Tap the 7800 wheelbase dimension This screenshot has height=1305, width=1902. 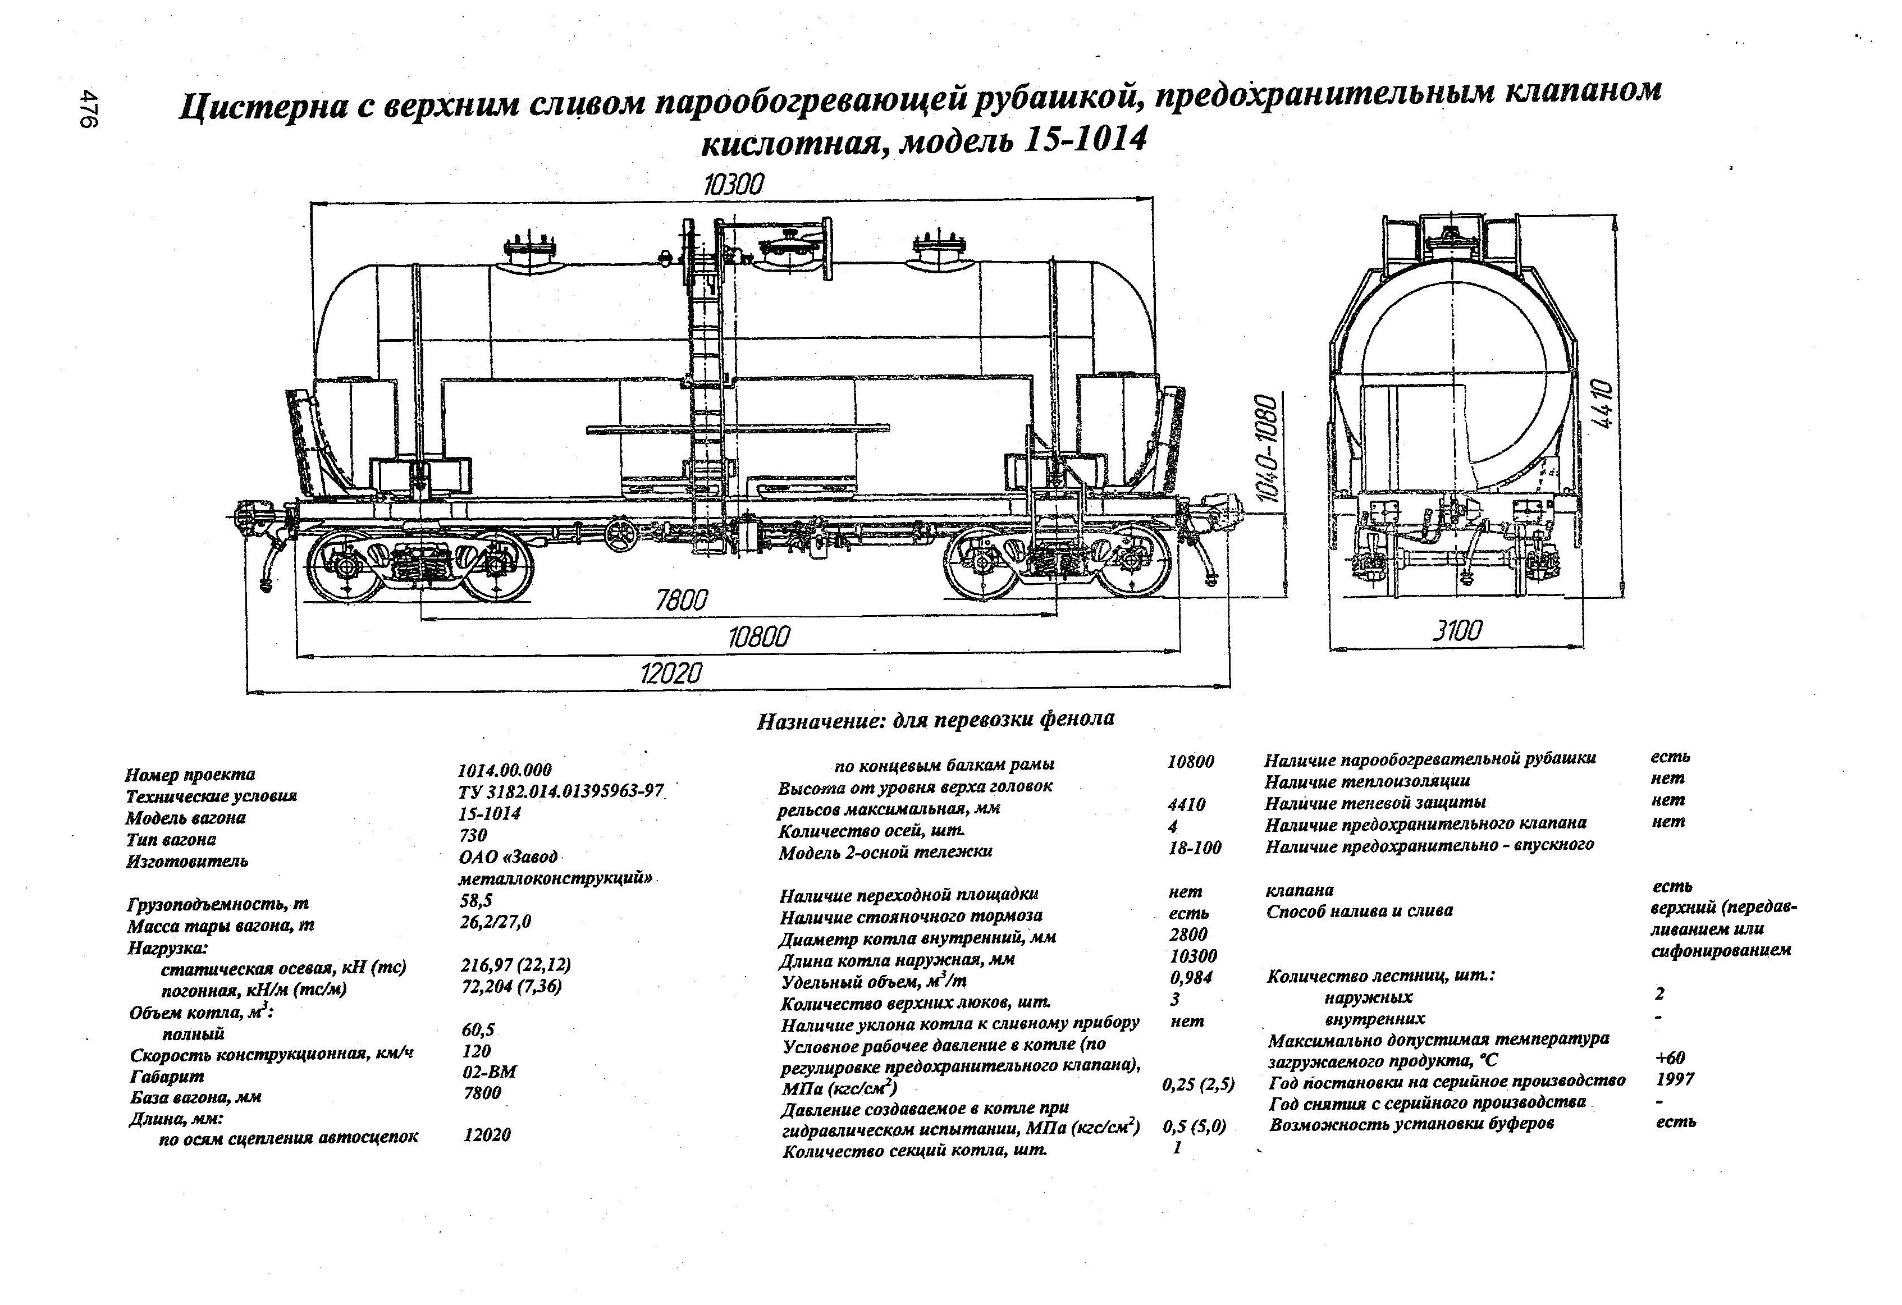[681, 601]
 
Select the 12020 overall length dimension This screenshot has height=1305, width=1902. [671, 674]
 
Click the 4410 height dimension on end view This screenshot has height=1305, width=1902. [1602, 404]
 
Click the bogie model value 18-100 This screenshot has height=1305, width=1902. [1195, 849]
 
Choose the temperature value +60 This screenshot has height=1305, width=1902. [1670, 1058]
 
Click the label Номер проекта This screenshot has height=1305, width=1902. [190, 774]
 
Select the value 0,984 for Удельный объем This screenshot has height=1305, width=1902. [1191, 977]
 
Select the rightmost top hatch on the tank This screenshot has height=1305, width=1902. [939, 250]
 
